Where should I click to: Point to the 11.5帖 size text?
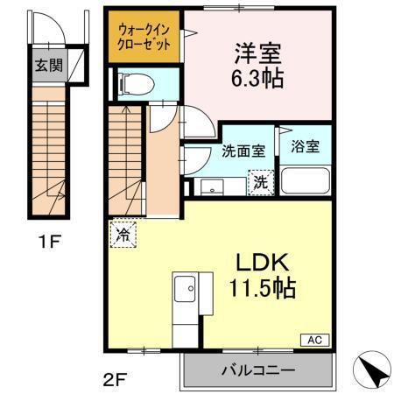[x=264, y=287]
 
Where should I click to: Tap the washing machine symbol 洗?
[x=260, y=183]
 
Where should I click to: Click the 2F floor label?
[x=114, y=379]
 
